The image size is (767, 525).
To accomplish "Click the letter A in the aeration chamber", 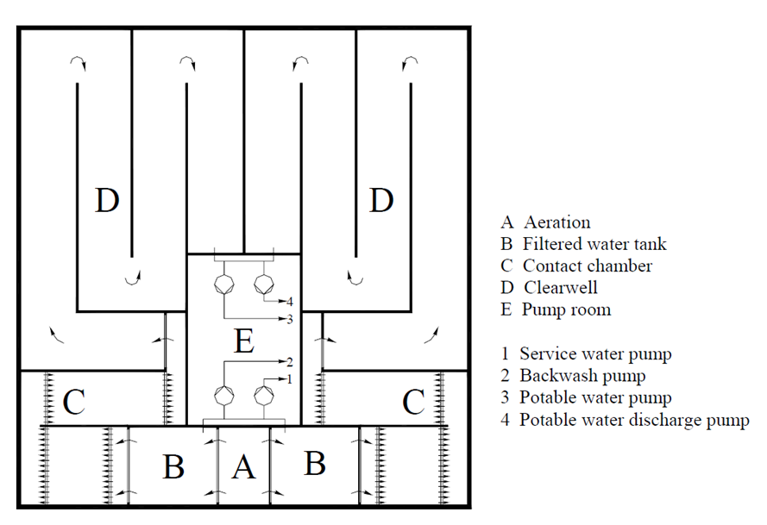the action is click(x=243, y=466).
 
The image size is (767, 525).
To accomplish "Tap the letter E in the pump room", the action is click(x=244, y=341).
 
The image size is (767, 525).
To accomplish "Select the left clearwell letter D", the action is click(x=107, y=200).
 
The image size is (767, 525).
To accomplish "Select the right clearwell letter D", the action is click(x=381, y=200).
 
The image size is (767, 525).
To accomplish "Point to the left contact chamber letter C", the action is click(x=74, y=402).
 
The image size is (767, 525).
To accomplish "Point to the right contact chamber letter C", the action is click(x=413, y=402).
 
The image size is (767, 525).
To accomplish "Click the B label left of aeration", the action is click(x=173, y=466).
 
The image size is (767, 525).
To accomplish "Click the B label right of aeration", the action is click(x=315, y=464).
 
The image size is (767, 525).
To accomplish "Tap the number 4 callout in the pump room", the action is click(x=290, y=301).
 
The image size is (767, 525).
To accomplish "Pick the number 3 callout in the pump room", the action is click(x=290, y=319).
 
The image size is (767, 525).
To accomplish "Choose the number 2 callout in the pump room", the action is click(x=290, y=362).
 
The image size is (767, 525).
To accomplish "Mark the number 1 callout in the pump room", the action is click(x=289, y=378).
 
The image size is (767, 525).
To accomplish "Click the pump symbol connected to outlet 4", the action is click(x=264, y=284).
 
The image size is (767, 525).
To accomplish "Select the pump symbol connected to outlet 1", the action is click(x=264, y=396).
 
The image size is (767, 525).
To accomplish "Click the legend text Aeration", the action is click(x=557, y=222).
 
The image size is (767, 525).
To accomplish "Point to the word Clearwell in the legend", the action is click(x=561, y=287).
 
